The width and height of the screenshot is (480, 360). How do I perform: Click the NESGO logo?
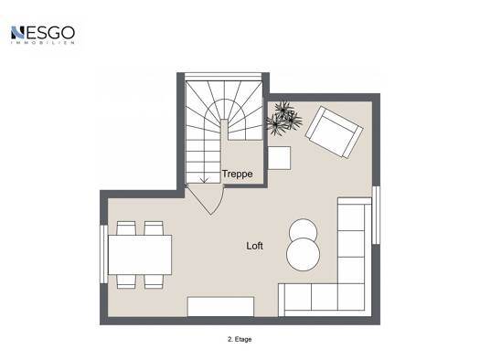[43, 35]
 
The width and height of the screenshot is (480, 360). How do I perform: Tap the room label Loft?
[254, 246]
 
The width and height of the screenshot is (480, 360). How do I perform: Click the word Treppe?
[237, 174]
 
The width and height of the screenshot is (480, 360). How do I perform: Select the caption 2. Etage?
[240, 339]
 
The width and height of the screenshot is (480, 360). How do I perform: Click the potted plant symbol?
[283, 118]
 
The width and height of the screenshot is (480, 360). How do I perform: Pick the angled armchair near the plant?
[335, 132]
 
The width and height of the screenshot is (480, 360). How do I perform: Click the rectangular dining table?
[140, 255]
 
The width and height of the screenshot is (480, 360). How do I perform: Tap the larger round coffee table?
[303, 255]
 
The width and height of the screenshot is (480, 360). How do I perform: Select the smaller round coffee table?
[303, 229]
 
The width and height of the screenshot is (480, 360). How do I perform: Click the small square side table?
[279, 158]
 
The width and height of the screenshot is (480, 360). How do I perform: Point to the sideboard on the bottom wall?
[220, 306]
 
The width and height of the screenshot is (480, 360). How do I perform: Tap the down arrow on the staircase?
[205, 180]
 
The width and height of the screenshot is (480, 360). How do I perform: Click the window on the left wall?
[104, 254]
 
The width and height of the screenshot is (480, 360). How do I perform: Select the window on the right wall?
[376, 215]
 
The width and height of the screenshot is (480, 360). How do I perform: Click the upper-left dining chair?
[126, 228]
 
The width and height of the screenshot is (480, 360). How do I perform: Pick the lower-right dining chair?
[154, 281]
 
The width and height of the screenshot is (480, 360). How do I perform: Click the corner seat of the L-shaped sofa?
[351, 297]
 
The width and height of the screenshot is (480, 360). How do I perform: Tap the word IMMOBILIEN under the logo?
[43, 43]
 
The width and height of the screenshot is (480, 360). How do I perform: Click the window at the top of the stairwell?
[223, 76]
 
